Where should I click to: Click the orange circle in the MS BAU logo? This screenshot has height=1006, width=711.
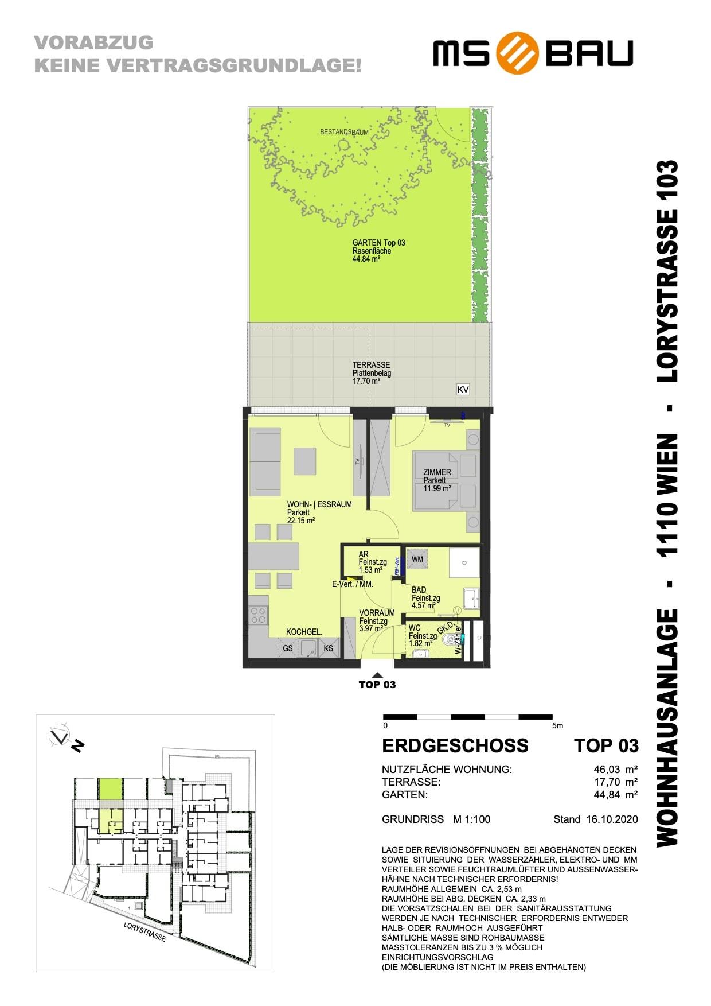[x=518, y=53]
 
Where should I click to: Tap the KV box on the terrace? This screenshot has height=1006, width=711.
[x=463, y=390]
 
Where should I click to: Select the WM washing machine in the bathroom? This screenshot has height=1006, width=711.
[x=417, y=559]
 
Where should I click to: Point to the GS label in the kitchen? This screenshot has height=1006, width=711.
[x=288, y=648]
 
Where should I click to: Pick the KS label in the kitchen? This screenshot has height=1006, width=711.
[x=329, y=648]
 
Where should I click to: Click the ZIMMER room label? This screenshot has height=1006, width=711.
[x=437, y=472]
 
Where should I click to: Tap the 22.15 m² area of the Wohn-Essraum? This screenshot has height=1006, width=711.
[x=301, y=521]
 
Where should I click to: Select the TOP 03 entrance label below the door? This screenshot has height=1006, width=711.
[x=377, y=685]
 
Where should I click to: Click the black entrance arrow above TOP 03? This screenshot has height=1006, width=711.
[x=377, y=675]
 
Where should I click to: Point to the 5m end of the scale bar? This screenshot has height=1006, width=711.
[x=558, y=725]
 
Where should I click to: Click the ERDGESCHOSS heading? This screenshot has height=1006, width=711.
[x=455, y=745]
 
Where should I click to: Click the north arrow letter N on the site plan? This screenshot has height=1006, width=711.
[x=78, y=746]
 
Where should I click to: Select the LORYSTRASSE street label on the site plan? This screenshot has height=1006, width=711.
[x=144, y=931]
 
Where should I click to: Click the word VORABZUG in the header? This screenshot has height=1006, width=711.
[x=94, y=42]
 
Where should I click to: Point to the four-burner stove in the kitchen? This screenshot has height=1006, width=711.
[x=259, y=616]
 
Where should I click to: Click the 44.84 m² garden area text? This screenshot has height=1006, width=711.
[x=366, y=259]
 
